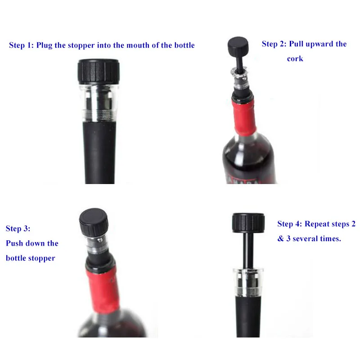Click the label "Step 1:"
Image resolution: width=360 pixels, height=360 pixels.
click(x=21, y=45)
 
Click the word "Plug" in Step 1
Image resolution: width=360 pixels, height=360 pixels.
click(x=44, y=45)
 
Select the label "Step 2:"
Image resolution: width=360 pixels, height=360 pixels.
click(x=274, y=44)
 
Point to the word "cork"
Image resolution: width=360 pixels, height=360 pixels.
click(x=295, y=58)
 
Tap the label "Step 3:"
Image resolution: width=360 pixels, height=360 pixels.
click(x=18, y=229)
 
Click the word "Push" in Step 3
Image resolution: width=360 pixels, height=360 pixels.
click(x=14, y=243)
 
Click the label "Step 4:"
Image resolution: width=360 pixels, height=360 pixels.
click(x=290, y=224)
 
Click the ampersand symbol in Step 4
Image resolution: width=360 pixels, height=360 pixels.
click(x=280, y=238)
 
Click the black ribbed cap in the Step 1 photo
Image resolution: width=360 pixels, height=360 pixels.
click(x=99, y=72)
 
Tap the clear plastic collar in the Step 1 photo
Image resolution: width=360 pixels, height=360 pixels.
click(x=99, y=103)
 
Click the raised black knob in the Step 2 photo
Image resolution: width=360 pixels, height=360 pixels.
click(x=238, y=45)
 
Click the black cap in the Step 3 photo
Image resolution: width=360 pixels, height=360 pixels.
click(x=94, y=221)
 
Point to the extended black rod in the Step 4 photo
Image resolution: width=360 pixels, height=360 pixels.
click(x=248, y=251)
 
